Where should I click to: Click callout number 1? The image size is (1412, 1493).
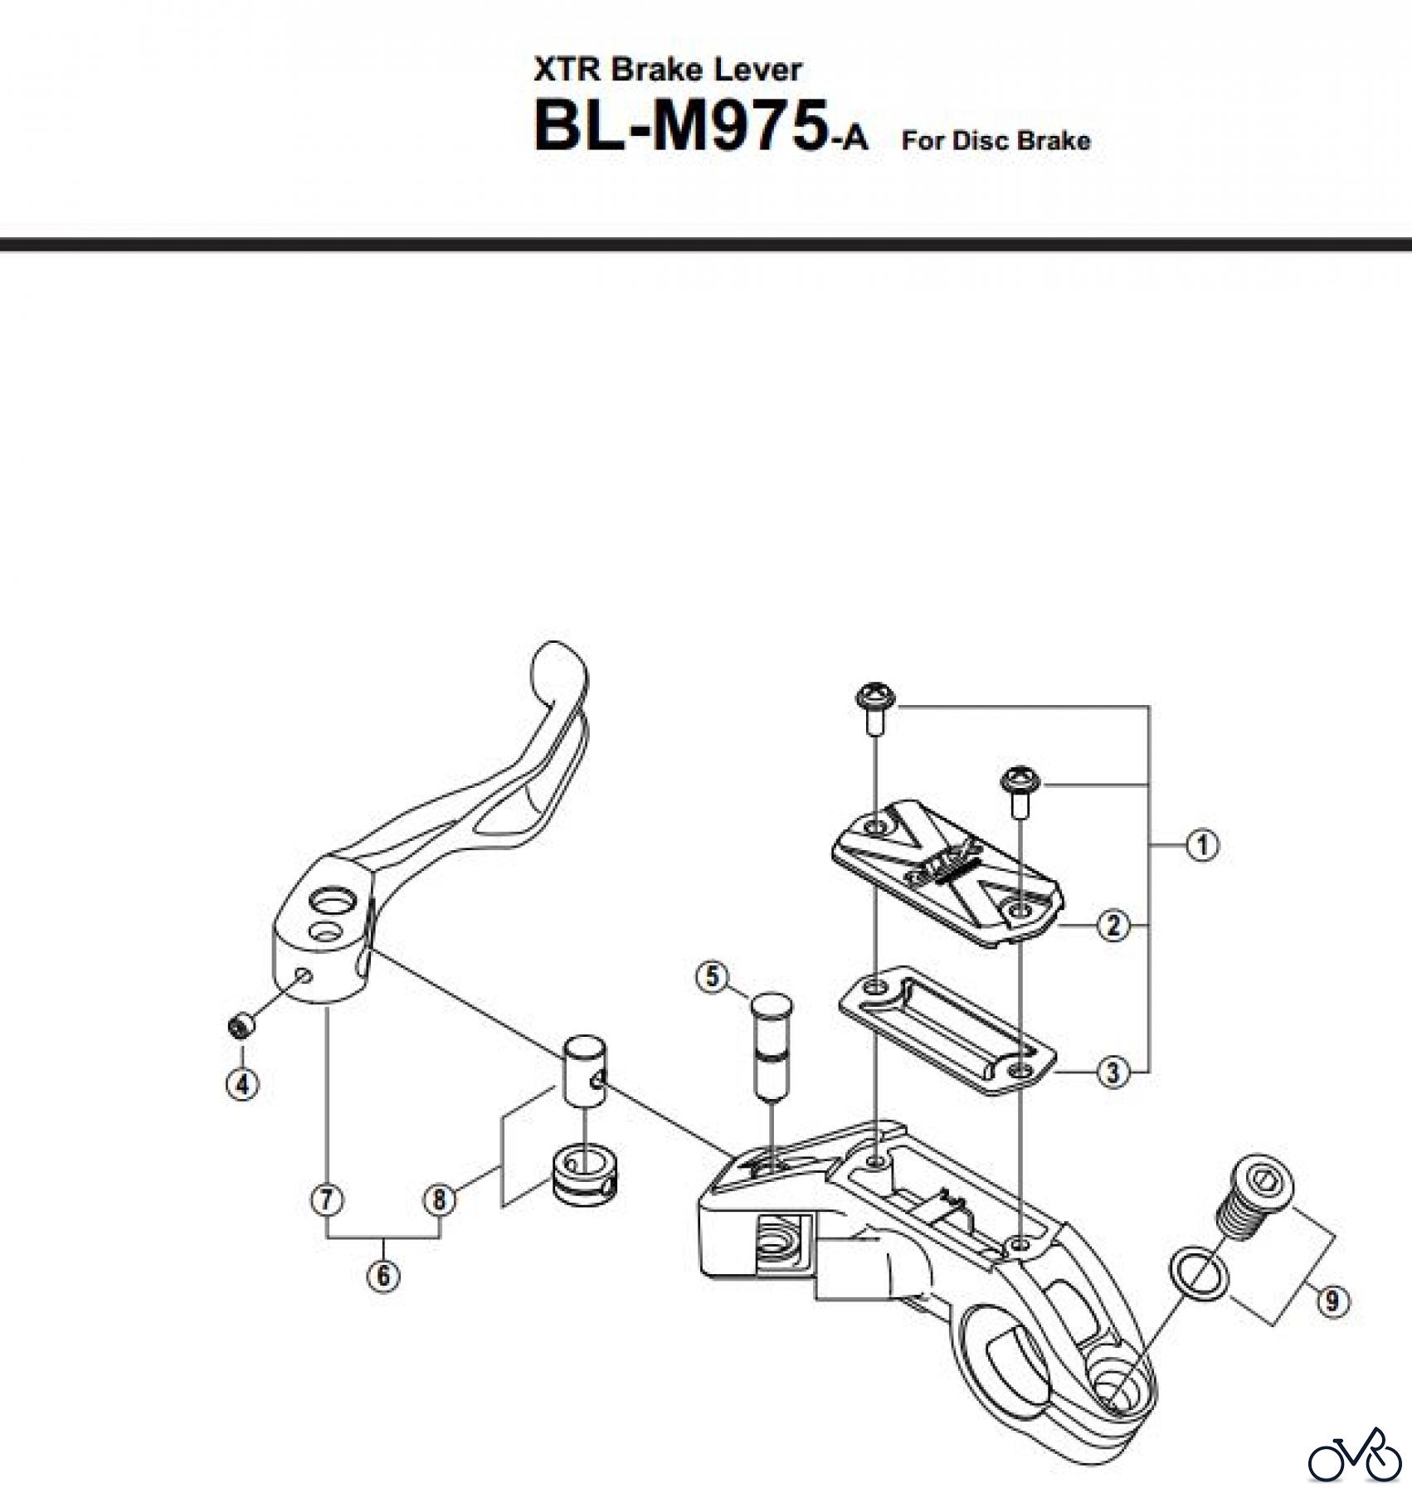(1202, 846)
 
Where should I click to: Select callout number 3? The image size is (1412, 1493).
(1113, 1072)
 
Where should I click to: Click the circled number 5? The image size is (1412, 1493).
(713, 977)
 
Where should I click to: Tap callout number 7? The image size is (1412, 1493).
(327, 1200)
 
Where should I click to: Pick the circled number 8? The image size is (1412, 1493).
(439, 1200)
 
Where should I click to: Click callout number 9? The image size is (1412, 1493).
(1332, 1301)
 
